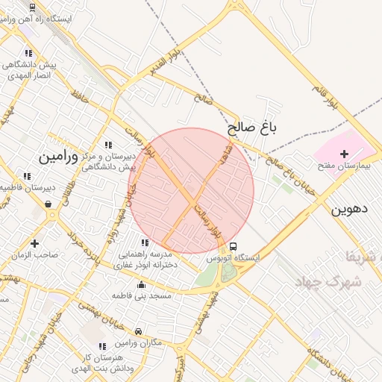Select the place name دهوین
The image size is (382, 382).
coord(350,210)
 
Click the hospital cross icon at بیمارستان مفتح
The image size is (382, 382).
coord(343,154)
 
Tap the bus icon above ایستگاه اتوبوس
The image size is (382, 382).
coord(234,246)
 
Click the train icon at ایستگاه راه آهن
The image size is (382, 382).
coord(32,7)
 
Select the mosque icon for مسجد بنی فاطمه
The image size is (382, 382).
coord(142,284)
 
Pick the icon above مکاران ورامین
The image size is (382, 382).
coord(138,331)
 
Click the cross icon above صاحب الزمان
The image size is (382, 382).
coord(35,243)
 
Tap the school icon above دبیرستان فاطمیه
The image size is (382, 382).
coord(27,177)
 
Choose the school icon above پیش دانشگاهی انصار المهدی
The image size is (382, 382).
coord(28,54)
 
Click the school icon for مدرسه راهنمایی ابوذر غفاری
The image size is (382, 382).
coord(145,242)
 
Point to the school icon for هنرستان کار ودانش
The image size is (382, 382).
coord(102,346)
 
